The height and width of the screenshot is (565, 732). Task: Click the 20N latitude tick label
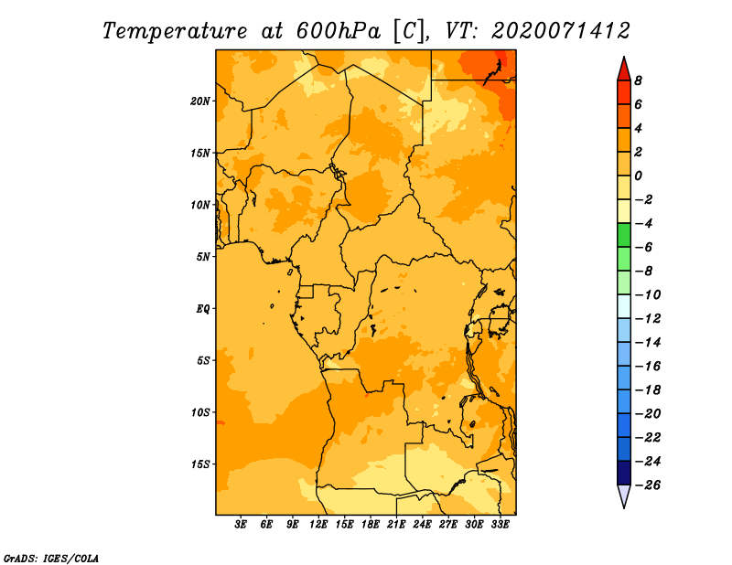click(x=200, y=101)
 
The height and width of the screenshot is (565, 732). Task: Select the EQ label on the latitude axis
click(x=203, y=308)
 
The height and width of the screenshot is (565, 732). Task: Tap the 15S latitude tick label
click(x=200, y=464)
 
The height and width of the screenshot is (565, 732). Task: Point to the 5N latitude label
click(x=203, y=257)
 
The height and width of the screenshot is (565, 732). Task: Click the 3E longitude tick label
click(x=241, y=524)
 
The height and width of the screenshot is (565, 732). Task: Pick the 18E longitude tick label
click(x=371, y=524)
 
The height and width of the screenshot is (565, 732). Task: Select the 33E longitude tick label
click(x=500, y=524)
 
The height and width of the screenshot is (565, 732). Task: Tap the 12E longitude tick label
click(x=318, y=524)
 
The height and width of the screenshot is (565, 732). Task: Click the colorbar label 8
click(x=638, y=80)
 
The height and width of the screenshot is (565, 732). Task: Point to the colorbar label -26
click(x=648, y=485)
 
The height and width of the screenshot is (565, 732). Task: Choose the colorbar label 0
click(x=638, y=176)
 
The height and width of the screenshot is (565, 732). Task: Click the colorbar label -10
click(x=648, y=295)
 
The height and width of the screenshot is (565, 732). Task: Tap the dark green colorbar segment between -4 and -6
click(x=624, y=235)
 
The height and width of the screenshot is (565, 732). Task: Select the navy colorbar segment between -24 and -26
click(x=624, y=473)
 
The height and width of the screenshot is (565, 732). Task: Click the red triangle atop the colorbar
click(x=624, y=69)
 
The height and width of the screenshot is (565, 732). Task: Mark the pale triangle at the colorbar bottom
click(x=624, y=496)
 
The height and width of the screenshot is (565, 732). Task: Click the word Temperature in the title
click(x=175, y=31)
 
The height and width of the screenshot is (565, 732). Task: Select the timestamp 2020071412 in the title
click(x=561, y=31)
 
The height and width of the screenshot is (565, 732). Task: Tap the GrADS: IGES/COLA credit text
click(x=51, y=558)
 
